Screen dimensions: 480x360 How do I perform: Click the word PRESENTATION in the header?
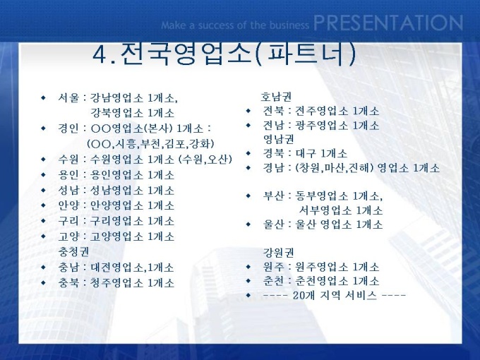pos(388,23)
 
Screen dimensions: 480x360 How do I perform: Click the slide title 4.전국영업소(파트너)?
pos(224,54)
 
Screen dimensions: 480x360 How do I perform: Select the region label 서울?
pos(68,98)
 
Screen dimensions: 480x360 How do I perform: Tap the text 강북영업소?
pos(116,113)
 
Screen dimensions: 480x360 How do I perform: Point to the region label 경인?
pos(68,128)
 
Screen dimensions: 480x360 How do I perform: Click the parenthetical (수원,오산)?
pos(205,160)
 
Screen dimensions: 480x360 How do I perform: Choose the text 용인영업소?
pos(116,175)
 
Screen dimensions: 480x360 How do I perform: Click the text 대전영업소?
pos(116,268)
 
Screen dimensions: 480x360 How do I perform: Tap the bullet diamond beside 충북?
pos(43,282)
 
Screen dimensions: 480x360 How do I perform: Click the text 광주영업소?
pos(321,125)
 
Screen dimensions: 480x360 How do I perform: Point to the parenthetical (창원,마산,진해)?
pos(335,168)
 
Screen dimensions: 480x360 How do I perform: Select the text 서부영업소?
pos(325,210)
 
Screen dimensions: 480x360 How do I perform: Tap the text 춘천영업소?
pos(321,281)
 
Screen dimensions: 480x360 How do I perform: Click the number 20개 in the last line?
pos(304,295)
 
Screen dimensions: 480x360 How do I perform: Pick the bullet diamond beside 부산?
pos(248,196)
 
